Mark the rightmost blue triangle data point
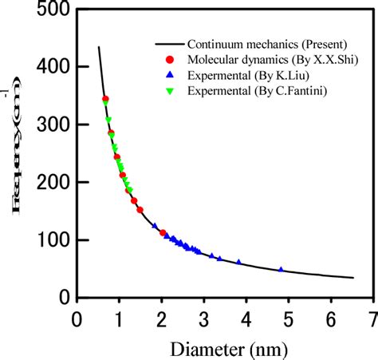pyautogui.click(x=281, y=270)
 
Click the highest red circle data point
pyautogui.click(x=105, y=99)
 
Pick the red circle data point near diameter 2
pyautogui.click(x=163, y=233)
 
